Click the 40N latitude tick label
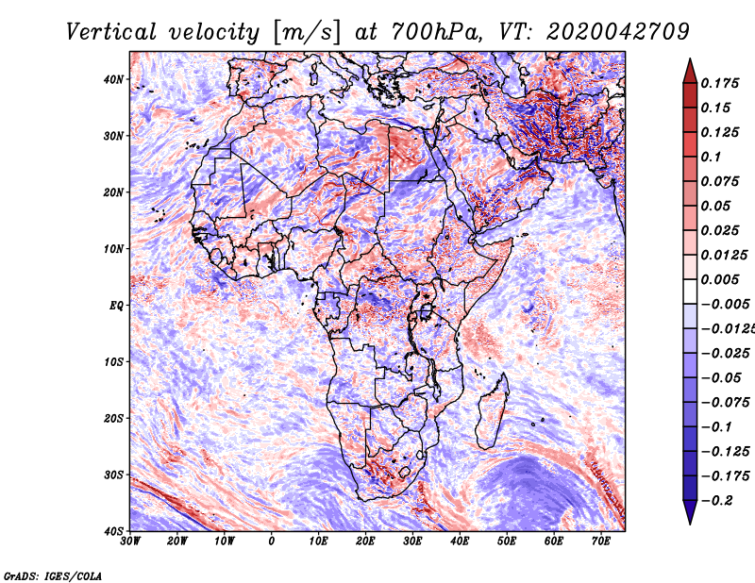pos(113,79)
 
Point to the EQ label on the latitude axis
pos(116,306)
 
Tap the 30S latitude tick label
pos(113,475)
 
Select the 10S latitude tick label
pos(113,361)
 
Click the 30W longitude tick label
pos(130,541)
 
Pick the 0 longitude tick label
pos(272,541)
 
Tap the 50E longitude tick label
pos(507,541)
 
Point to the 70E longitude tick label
pos(601,541)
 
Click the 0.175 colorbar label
pos(719,84)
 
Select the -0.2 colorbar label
pos(716,501)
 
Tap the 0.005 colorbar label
pos(719,279)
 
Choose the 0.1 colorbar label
pos(711,157)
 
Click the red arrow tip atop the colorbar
pos(690,59)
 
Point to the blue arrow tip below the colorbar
pos(690,524)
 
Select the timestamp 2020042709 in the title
pos(618,32)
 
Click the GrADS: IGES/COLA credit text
pos(53,576)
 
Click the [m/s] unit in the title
pos(306,33)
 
